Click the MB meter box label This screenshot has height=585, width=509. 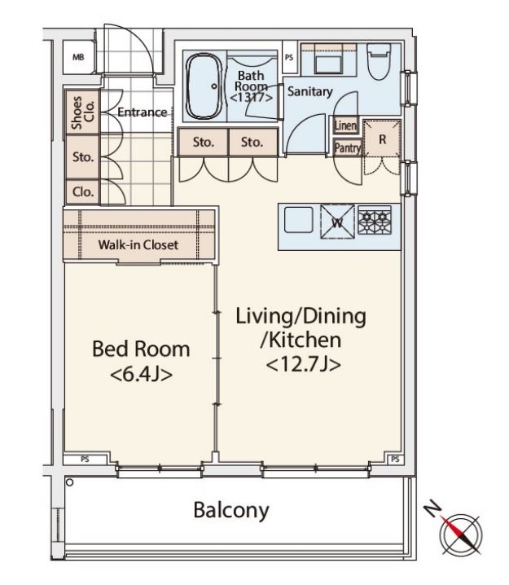click(x=78, y=58)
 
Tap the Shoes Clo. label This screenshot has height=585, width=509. click(x=83, y=112)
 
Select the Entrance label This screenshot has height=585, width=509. click(x=142, y=112)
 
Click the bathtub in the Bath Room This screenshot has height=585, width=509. click(x=204, y=86)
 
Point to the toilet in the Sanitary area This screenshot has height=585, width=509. click(x=379, y=61)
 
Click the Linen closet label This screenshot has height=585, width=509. click(x=345, y=125)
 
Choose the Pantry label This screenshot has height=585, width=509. click(x=348, y=148)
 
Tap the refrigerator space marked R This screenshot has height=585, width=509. click(x=382, y=139)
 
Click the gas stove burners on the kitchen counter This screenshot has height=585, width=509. click(x=375, y=220)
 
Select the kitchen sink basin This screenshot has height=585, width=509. click(x=299, y=220)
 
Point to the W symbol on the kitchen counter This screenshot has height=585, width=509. click(x=337, y=222)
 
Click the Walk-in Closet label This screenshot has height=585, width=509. click(x=138, y=244)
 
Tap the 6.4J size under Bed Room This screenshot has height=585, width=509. click(x=142, y=374)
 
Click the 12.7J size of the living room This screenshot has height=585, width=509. click(x=303, y=364)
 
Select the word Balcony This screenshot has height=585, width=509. click(x=231, y=510)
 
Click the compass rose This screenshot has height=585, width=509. click(x=460, y=533)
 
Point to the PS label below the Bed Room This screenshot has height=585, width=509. click(x=85, y=460)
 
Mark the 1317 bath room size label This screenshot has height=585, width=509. click(x=251, y=98)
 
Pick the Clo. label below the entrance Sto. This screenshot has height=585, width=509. click(x=83, y=191)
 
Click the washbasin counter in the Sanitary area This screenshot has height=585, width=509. click(x=328, y=59)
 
